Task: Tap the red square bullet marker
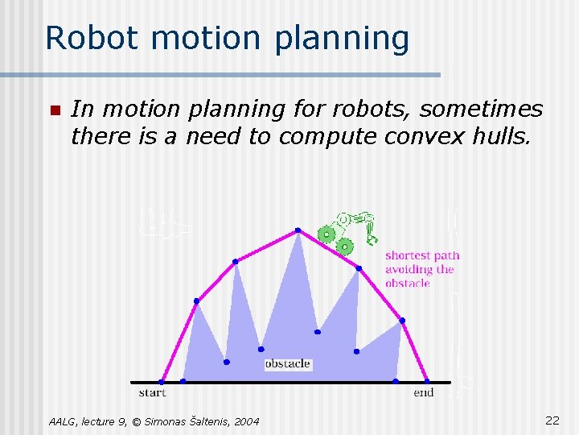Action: coord(54,110)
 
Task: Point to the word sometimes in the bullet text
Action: coord(482,109)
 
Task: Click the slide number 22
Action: coord(552,420)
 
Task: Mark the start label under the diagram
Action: coord(152,393)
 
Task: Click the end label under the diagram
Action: coord(423,393)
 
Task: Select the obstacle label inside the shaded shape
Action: coord(287,364)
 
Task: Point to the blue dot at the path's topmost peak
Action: coord(298,230)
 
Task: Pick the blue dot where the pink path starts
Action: coord(162,382)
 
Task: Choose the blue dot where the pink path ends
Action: coord(427,381)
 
